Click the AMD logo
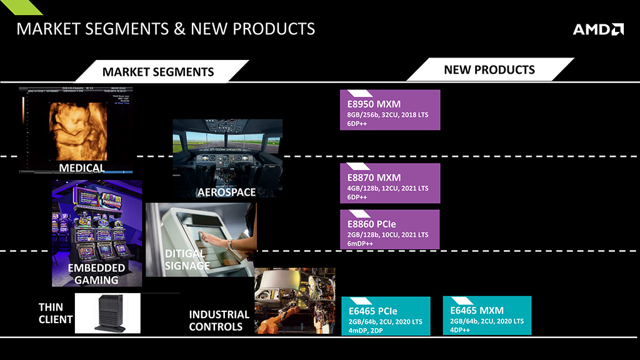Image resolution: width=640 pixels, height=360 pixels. (598, 29)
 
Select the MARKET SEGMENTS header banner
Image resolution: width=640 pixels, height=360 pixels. (162, 71)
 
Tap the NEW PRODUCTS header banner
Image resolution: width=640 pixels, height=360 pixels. (490, 69)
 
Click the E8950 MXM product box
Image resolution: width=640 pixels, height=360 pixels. (390, 110)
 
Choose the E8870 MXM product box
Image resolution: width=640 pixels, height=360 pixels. (390, 183)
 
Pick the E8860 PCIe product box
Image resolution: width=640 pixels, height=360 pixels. (389, 229)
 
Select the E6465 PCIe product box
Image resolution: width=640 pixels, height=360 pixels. (386, 316)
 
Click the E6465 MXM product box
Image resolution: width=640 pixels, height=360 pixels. (487, 316)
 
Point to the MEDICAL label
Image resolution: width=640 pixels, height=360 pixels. (82, 167)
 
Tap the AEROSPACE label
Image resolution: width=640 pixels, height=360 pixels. (226, 192)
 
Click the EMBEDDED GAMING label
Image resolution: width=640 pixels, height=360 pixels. (96, 274)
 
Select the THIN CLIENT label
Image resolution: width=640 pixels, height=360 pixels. (56, 313)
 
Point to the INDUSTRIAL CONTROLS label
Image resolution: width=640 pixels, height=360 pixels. (219, 321)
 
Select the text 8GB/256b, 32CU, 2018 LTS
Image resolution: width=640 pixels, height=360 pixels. (387, 115)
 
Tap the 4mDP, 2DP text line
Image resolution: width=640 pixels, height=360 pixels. (365, 330)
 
